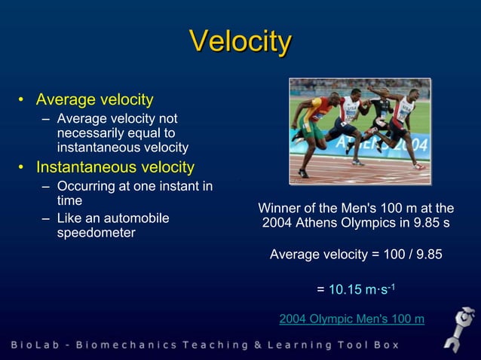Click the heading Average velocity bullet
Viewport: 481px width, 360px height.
coord(95,99)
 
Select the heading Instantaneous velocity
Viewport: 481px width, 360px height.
coord(115,167)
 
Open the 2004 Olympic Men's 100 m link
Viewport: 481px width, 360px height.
coord(351,319)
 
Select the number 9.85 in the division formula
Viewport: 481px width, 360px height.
coord(427,255)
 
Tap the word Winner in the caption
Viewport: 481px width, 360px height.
coord(280,208)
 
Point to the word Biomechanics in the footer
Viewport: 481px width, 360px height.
coord(133,345)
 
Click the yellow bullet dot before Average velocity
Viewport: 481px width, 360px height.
coord(24,100)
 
